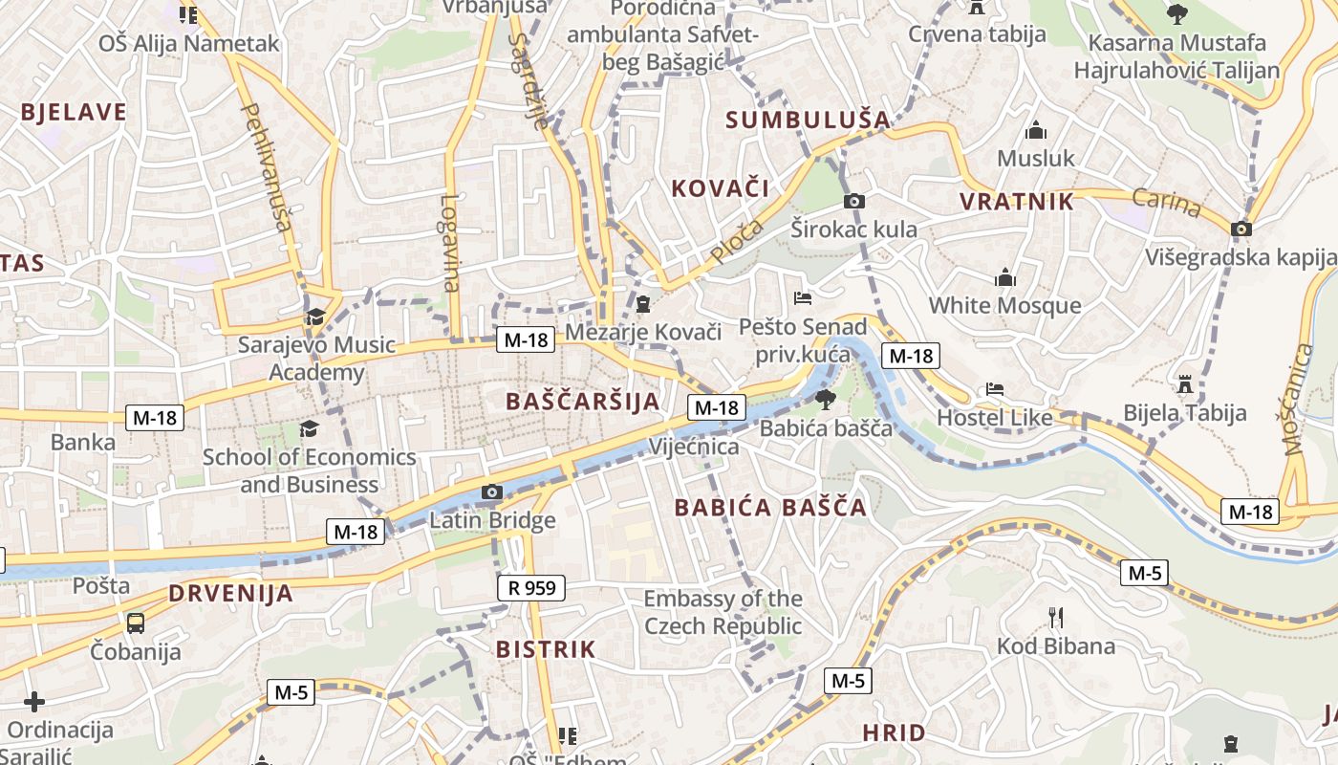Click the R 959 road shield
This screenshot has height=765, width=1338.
(x=531, y=587)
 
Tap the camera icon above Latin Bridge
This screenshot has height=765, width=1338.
(x=492, y=492)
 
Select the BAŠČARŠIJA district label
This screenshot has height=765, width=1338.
(x=583, y=402)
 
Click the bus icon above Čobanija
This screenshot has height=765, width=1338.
(x=136, y=623)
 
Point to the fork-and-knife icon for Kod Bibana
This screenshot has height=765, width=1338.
(x=1055, y=617)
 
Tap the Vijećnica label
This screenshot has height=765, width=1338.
(x=694, y=447)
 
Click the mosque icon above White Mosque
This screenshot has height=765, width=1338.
(x=1005, y=278)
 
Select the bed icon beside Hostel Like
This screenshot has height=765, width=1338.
(x=995, y=390)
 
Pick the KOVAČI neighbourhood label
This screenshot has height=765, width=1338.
(x=721, y=187)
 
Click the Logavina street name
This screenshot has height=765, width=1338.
(x=451, y=243)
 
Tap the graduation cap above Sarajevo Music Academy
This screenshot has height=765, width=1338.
(x=315, y=317)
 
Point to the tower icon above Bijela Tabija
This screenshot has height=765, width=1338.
(x=1185, y=384)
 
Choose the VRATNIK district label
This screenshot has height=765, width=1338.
(x=1017, y=202)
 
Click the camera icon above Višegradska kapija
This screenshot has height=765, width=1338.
(x=1241, y=229)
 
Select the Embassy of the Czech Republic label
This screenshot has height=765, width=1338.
(x=723, y=612)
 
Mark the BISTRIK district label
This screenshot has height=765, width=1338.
(x=546, y=649)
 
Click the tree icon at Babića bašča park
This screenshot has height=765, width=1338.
(x=825, y=399)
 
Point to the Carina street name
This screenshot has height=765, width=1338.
(x=1167, y=203)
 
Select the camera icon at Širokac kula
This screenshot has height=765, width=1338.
(x=854, y=201)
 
